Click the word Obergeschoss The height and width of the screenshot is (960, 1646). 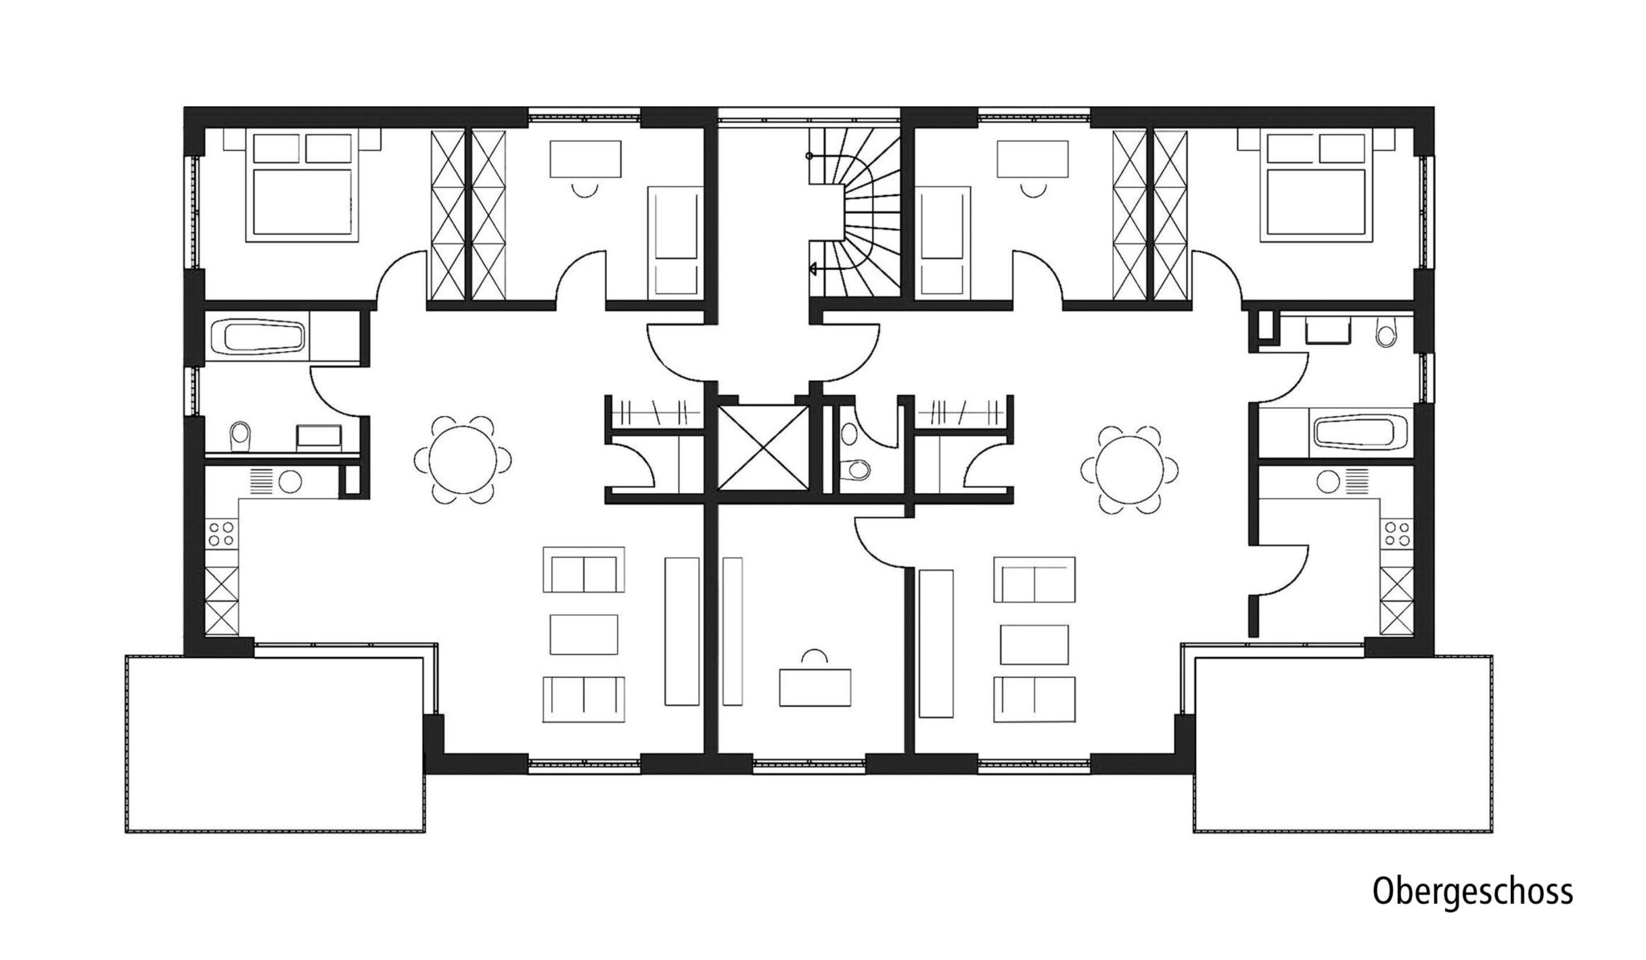click(x=1472, y=893)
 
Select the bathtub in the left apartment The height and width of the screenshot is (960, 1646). click(x=258, y=337)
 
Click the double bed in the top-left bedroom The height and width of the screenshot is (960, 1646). click(x=301, y=186)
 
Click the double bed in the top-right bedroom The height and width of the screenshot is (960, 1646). click(x=1316, y=186)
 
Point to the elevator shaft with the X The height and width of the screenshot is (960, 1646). click(x=763, y=447)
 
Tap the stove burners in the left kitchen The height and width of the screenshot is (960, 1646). click(x=223, y=533)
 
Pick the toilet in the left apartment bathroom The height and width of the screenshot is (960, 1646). click(x=240, y=436)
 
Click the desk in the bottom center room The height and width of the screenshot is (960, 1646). click(x=815, y=688)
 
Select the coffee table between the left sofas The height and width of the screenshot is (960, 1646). click(x=584, y=635)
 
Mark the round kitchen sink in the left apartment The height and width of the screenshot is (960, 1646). click(x=289, y=482)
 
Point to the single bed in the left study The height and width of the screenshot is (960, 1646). click(x=675, y=241)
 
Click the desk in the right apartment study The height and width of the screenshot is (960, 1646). click(x=1033, y=158)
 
